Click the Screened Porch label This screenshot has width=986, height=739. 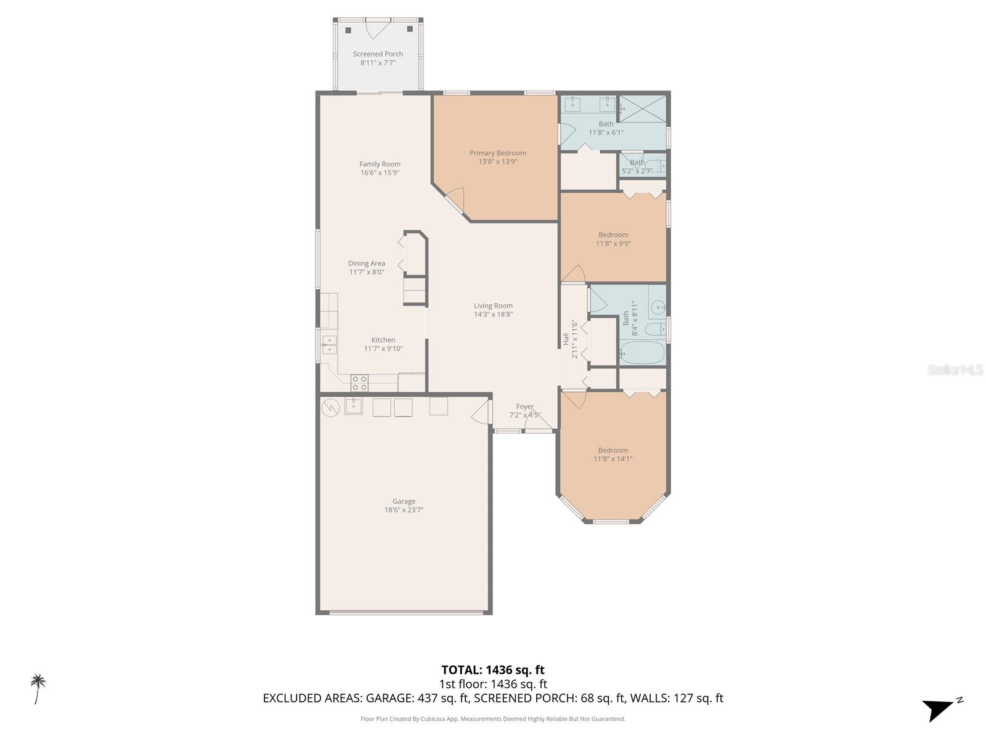click(377, 54)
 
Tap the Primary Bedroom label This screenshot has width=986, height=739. click(497, 153)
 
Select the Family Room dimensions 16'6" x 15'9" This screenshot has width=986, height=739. click(380, 173)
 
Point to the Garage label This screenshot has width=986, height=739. click(404, 501)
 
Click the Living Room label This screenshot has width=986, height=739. click(493, 306)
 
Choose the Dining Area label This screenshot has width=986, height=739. click(366, 264)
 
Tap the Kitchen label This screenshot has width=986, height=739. click(383, 340)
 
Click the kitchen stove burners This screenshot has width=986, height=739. click(359, 383)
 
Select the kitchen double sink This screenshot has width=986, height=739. click(329, 345)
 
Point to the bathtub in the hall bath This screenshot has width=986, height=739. click(642, 353)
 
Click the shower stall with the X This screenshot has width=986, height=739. click(642, 108)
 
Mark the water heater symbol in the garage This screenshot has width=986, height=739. click(330, 408)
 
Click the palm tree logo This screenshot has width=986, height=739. click(38, 689)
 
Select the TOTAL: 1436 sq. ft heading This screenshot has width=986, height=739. click(493, 670)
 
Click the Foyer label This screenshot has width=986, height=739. click(524, 406)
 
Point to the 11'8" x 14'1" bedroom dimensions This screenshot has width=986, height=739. click(613, 459)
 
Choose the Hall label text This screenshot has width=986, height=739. click(566, 339)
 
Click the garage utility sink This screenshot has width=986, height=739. click(354, 406)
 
